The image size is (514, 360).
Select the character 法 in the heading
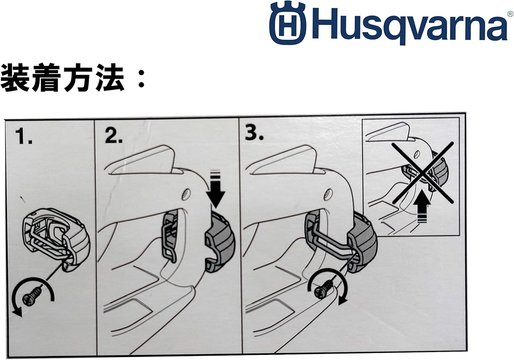point(110,78)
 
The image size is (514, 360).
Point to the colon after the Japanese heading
point(141,79)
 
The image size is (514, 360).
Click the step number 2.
point(113,136)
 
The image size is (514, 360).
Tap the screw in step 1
point(32,295)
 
